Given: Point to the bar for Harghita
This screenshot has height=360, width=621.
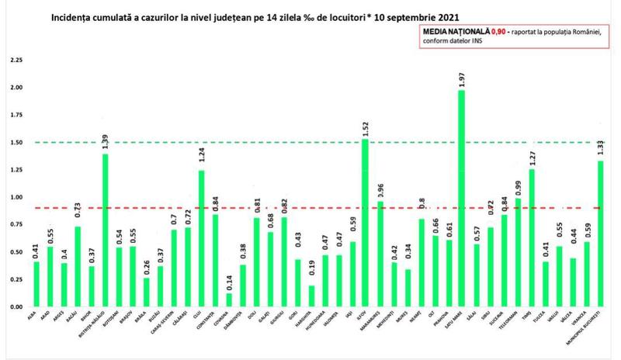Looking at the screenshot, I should tap(311, 296).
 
